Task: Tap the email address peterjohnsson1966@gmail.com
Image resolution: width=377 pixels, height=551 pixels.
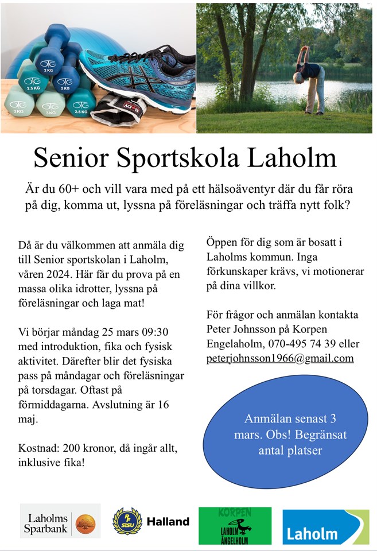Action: (x=280, y=358)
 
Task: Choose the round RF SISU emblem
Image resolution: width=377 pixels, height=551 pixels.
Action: (x=127, y=521)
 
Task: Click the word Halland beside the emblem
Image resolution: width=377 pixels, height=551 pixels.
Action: (x=168, y=522)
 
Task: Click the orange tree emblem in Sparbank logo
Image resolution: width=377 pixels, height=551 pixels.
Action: (x=85, y=521)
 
